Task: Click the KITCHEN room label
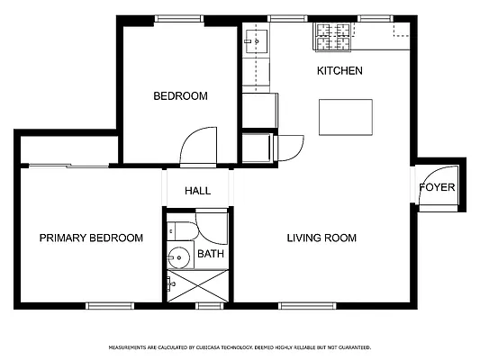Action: [x=340, y=70]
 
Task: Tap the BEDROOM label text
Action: [x=180, y=96]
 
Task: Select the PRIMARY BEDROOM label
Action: [x=91, y=238]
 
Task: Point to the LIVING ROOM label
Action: [x=322, y=238]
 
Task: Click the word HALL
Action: [x=197, y=191]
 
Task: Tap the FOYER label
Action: [x=438, y=188]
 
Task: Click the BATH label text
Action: [x=211, y=255]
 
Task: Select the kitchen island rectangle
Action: [x=346, y=115]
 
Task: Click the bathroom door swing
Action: [x=213, y=222]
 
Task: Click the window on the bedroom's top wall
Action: [x=176, y=18]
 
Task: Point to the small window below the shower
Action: [x=209, y=306]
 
